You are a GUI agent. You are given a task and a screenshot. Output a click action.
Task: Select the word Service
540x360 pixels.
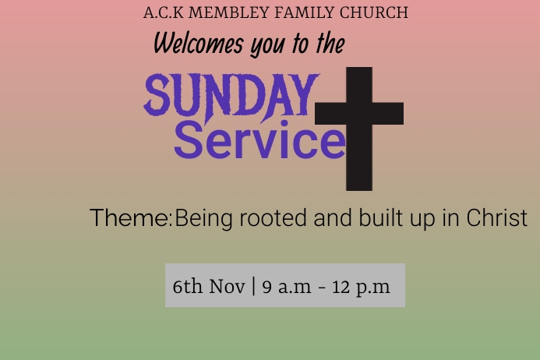coord(259,140)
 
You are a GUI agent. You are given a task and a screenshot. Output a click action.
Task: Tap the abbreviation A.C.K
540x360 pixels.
coord(162,12)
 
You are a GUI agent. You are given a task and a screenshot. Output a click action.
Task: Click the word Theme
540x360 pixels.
coord(129,218)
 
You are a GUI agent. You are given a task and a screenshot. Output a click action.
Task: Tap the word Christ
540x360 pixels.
coord(496,218)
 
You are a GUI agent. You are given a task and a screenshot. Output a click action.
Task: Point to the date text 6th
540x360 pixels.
coord(187,286)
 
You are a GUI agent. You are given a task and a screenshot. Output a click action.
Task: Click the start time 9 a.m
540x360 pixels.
coord(286,286)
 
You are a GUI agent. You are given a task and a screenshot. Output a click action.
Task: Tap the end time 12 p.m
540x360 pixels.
coord(361,286)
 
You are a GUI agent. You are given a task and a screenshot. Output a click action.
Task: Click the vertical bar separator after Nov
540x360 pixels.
coord(254,286)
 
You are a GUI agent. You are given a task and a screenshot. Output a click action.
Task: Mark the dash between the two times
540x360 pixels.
coord(322,288)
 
